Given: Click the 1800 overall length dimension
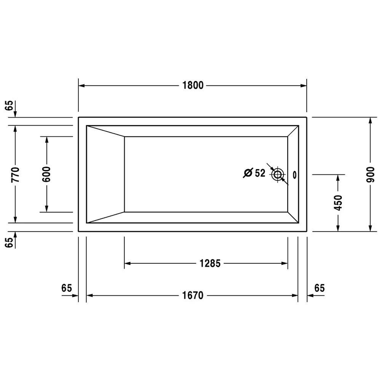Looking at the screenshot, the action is pos(193,85).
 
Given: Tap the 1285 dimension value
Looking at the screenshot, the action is pos(210,263).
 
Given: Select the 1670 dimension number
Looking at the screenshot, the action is pos(193,296).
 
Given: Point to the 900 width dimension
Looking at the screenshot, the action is pos(370,174).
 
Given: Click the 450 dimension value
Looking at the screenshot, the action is pos(338,203).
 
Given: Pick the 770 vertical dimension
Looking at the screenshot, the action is pos(15,174).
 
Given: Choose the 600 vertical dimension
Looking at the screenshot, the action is pos(46,174).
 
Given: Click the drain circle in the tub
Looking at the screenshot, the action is pos(277,174).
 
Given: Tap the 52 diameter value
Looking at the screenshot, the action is pos(260,173).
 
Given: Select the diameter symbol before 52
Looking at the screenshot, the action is pos(248,173).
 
